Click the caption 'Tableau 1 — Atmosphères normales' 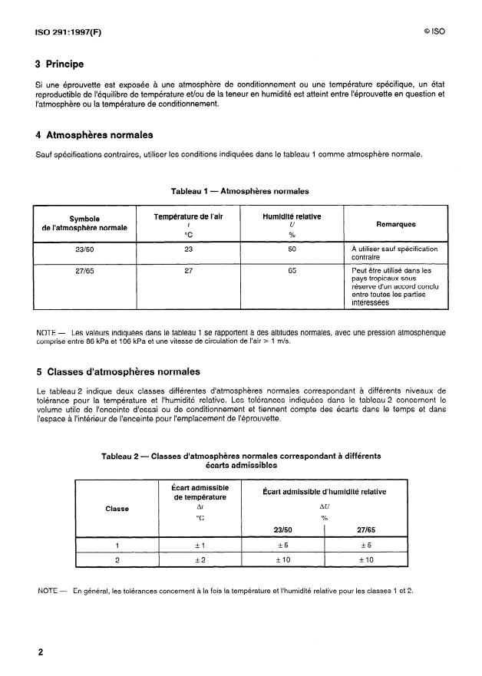tap(240, 190)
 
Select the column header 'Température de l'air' tap(188, 217)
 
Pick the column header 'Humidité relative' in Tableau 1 tap(292, 217)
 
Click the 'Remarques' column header tap(396, 225)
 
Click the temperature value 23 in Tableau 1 tap(188, 249)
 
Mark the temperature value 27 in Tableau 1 tap(188, 270)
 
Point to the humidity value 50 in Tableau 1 tap(292, 249)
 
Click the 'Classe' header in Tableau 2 tap(118, 508)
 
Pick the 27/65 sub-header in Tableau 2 tap(365, 529)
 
